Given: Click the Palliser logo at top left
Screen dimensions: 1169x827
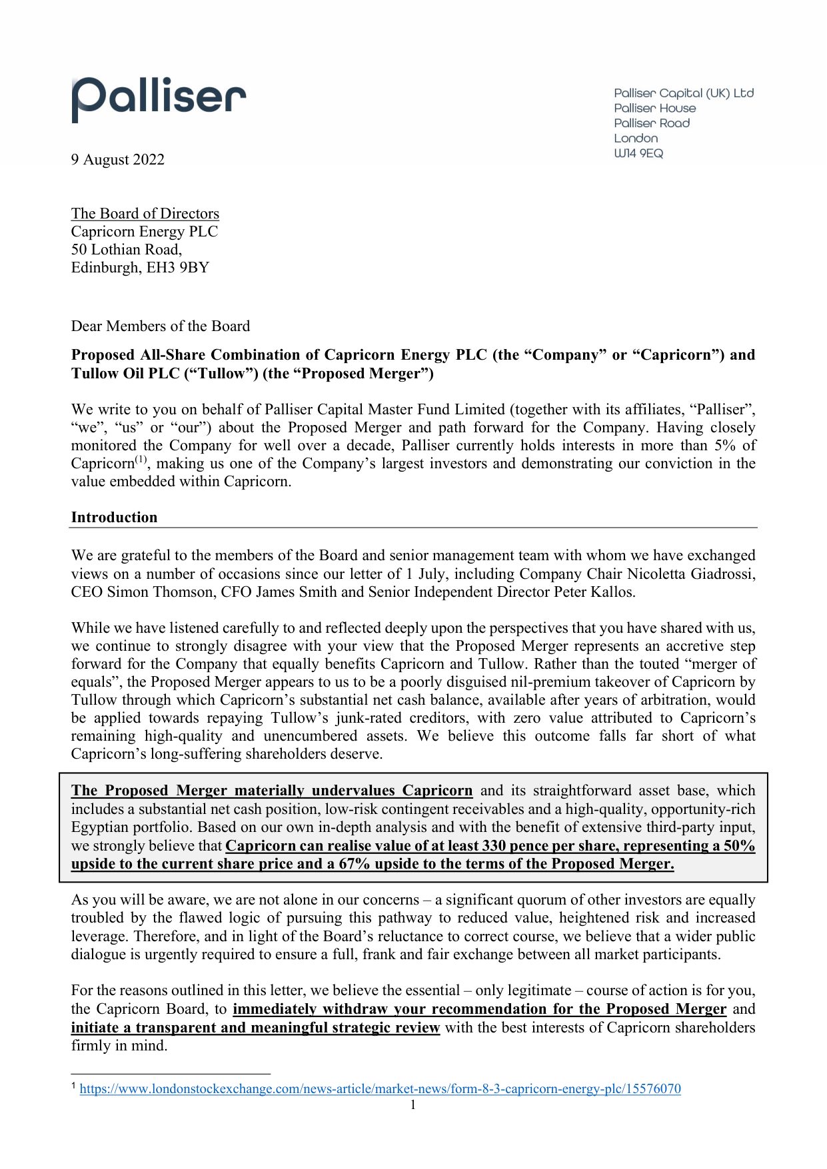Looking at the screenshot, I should [x=159, y=99].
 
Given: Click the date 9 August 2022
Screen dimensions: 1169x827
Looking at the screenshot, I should [x=118, y=159].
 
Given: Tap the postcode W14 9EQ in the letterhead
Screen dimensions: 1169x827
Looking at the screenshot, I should [x=638, y=153].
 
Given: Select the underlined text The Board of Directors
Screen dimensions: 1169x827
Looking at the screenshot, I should [x=145, y=213].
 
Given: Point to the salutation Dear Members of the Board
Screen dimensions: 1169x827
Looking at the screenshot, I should [x=160, y=326].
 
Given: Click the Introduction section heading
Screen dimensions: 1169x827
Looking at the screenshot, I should [x=114, y=517].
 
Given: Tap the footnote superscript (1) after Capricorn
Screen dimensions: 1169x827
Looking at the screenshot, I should [x=141, y=460].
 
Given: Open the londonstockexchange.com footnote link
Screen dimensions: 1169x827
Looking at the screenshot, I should [x=380, y=1088].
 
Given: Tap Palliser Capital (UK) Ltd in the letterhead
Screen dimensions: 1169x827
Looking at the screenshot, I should [x=684, y=93].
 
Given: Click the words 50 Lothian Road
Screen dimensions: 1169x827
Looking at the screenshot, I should [x=125, y=249].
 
